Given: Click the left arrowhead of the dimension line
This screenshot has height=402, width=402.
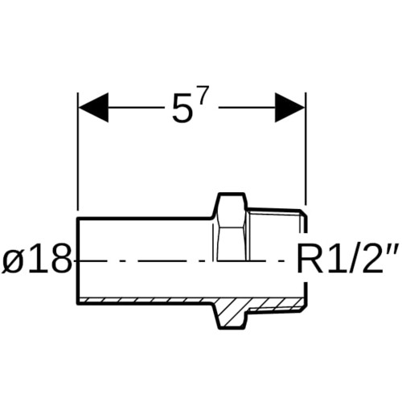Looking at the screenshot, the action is coord(93,108).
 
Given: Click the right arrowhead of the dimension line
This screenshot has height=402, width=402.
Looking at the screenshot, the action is coord(290,108).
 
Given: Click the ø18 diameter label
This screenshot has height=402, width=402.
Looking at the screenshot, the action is coord(38,259).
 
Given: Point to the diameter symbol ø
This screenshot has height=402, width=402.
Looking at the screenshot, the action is coord(13,263).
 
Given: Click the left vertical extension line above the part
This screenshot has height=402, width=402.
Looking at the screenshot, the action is coord(78,151).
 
